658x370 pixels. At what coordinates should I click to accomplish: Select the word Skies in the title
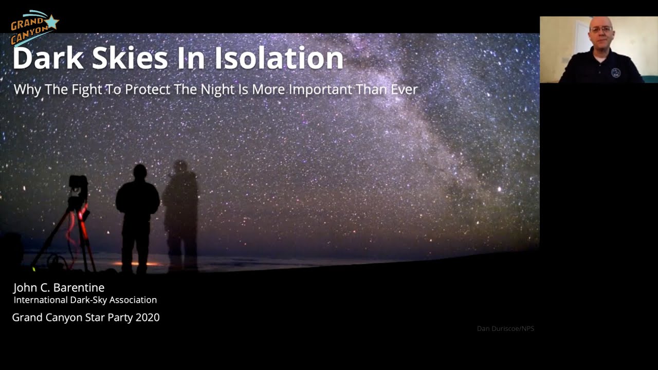pos(131,58)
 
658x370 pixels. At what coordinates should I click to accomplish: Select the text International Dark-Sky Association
pos(85,300)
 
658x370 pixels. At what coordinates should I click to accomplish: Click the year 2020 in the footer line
pos(148,318)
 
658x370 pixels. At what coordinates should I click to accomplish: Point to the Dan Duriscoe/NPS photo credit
pos(505,329)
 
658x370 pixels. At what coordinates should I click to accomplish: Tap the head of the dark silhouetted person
pos(139,172)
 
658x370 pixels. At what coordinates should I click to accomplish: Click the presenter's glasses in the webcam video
pos(601,30)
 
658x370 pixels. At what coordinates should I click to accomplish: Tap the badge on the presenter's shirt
pos(616,72)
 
